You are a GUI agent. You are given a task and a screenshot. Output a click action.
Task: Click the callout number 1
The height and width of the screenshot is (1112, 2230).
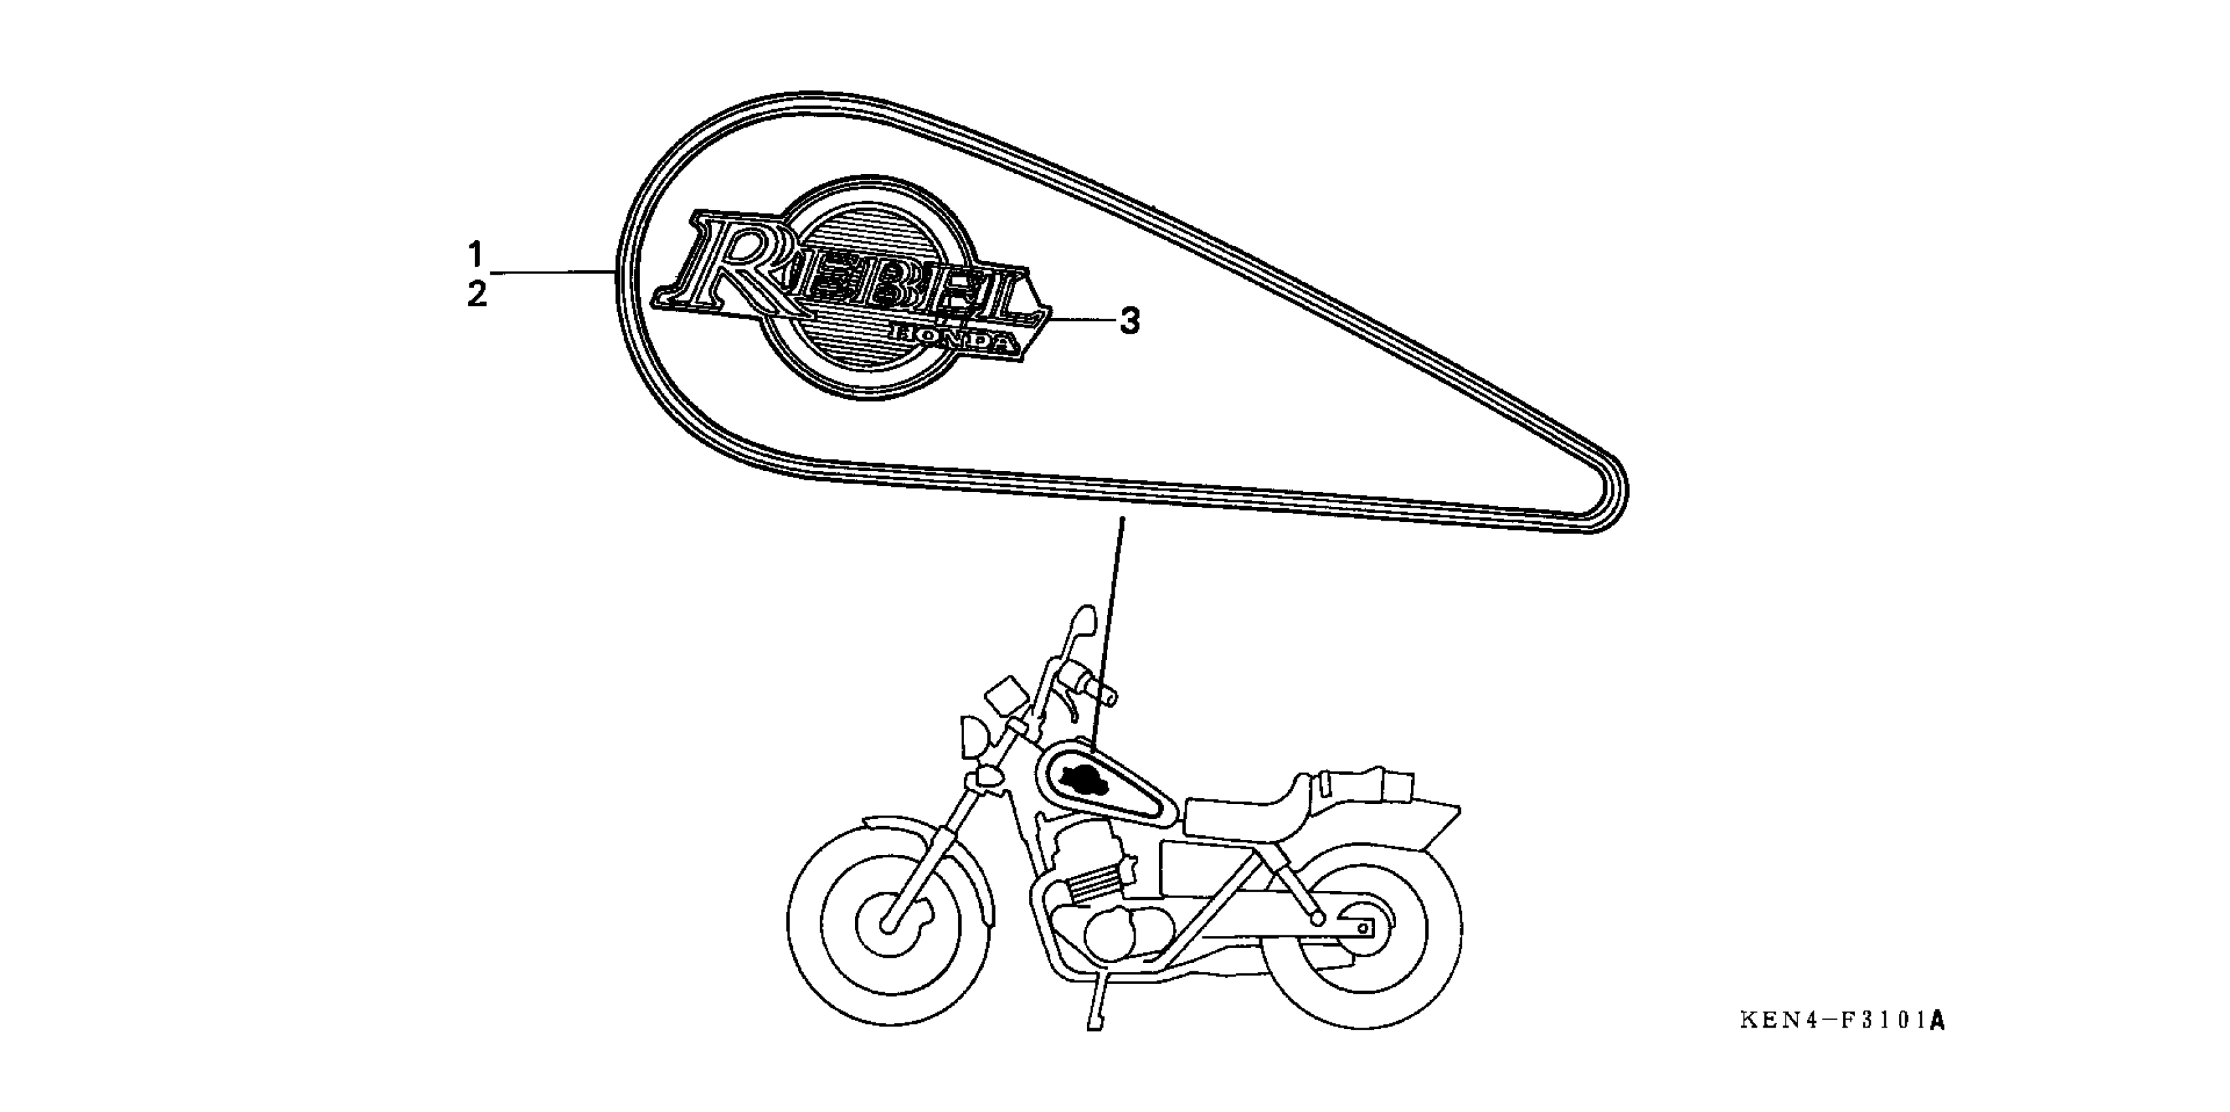pyautogui.click(x=475, y=254)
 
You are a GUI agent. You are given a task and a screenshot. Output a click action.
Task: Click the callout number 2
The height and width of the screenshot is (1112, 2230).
pyautogui.click(x=476, y=294)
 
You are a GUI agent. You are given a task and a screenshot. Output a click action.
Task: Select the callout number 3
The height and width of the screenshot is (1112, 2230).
pyautogui.click(x=1130, y=322)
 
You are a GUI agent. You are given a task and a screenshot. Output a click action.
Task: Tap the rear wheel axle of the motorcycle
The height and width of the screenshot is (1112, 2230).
pyautogui.click(x=1363, y=929)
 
